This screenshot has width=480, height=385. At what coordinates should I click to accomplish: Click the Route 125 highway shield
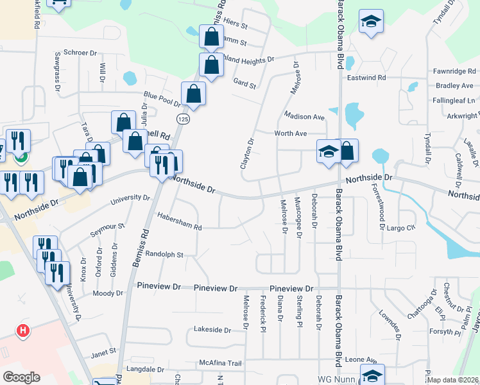click(184, 119)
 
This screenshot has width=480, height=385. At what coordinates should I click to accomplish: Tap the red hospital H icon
click(23, 331)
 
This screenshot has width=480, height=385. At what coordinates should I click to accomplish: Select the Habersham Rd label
click(180, 227)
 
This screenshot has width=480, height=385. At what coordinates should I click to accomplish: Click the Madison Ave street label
click(304, 117)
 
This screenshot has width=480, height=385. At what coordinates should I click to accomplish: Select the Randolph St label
click(165, 254)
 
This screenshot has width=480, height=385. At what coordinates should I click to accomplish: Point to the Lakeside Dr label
click(212, 330)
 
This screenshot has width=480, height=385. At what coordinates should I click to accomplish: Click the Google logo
click(21, 377)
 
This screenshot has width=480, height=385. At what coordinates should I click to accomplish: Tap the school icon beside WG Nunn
click(372, 375)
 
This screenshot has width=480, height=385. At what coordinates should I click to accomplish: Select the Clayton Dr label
click(248, 154)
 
